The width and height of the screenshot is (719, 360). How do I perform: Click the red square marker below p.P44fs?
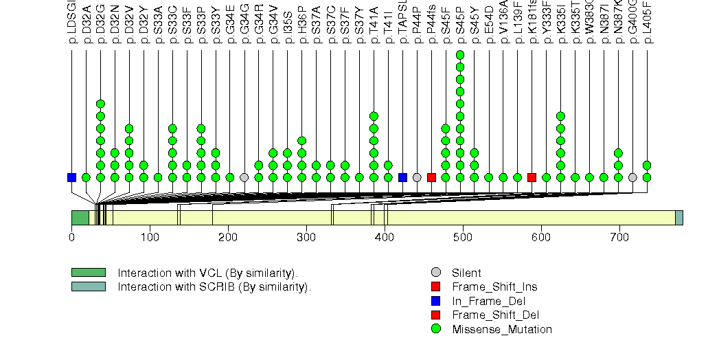pyautogui.click(x=431, y=177)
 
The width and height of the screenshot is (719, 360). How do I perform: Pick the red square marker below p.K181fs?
pyautogui.click(x=532, y=177)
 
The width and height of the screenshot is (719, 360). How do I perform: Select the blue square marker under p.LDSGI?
pyautogui.click(x=71, y=177)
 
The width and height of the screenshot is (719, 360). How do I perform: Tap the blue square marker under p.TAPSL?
pyautogui.click(x=402, y=177)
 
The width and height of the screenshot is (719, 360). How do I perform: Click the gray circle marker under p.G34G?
pyautogui.click(x=244, y=177)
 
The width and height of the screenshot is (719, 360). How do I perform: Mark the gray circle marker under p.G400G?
pyautogui.click(x=632, y=177)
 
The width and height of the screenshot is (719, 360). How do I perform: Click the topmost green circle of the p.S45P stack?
pyautogui.click(x=460, y=55)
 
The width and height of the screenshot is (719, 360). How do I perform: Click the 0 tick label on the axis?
pyautogui.click(x=71, y=238)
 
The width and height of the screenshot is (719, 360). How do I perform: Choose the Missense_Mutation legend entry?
pyautogui.click(x=501, y=330)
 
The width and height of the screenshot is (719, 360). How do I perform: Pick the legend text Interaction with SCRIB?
pyautogui.click(x=214, y=286)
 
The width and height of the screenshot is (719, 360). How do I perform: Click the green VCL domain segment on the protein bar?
pyautogui.click(x=80, y=218)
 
